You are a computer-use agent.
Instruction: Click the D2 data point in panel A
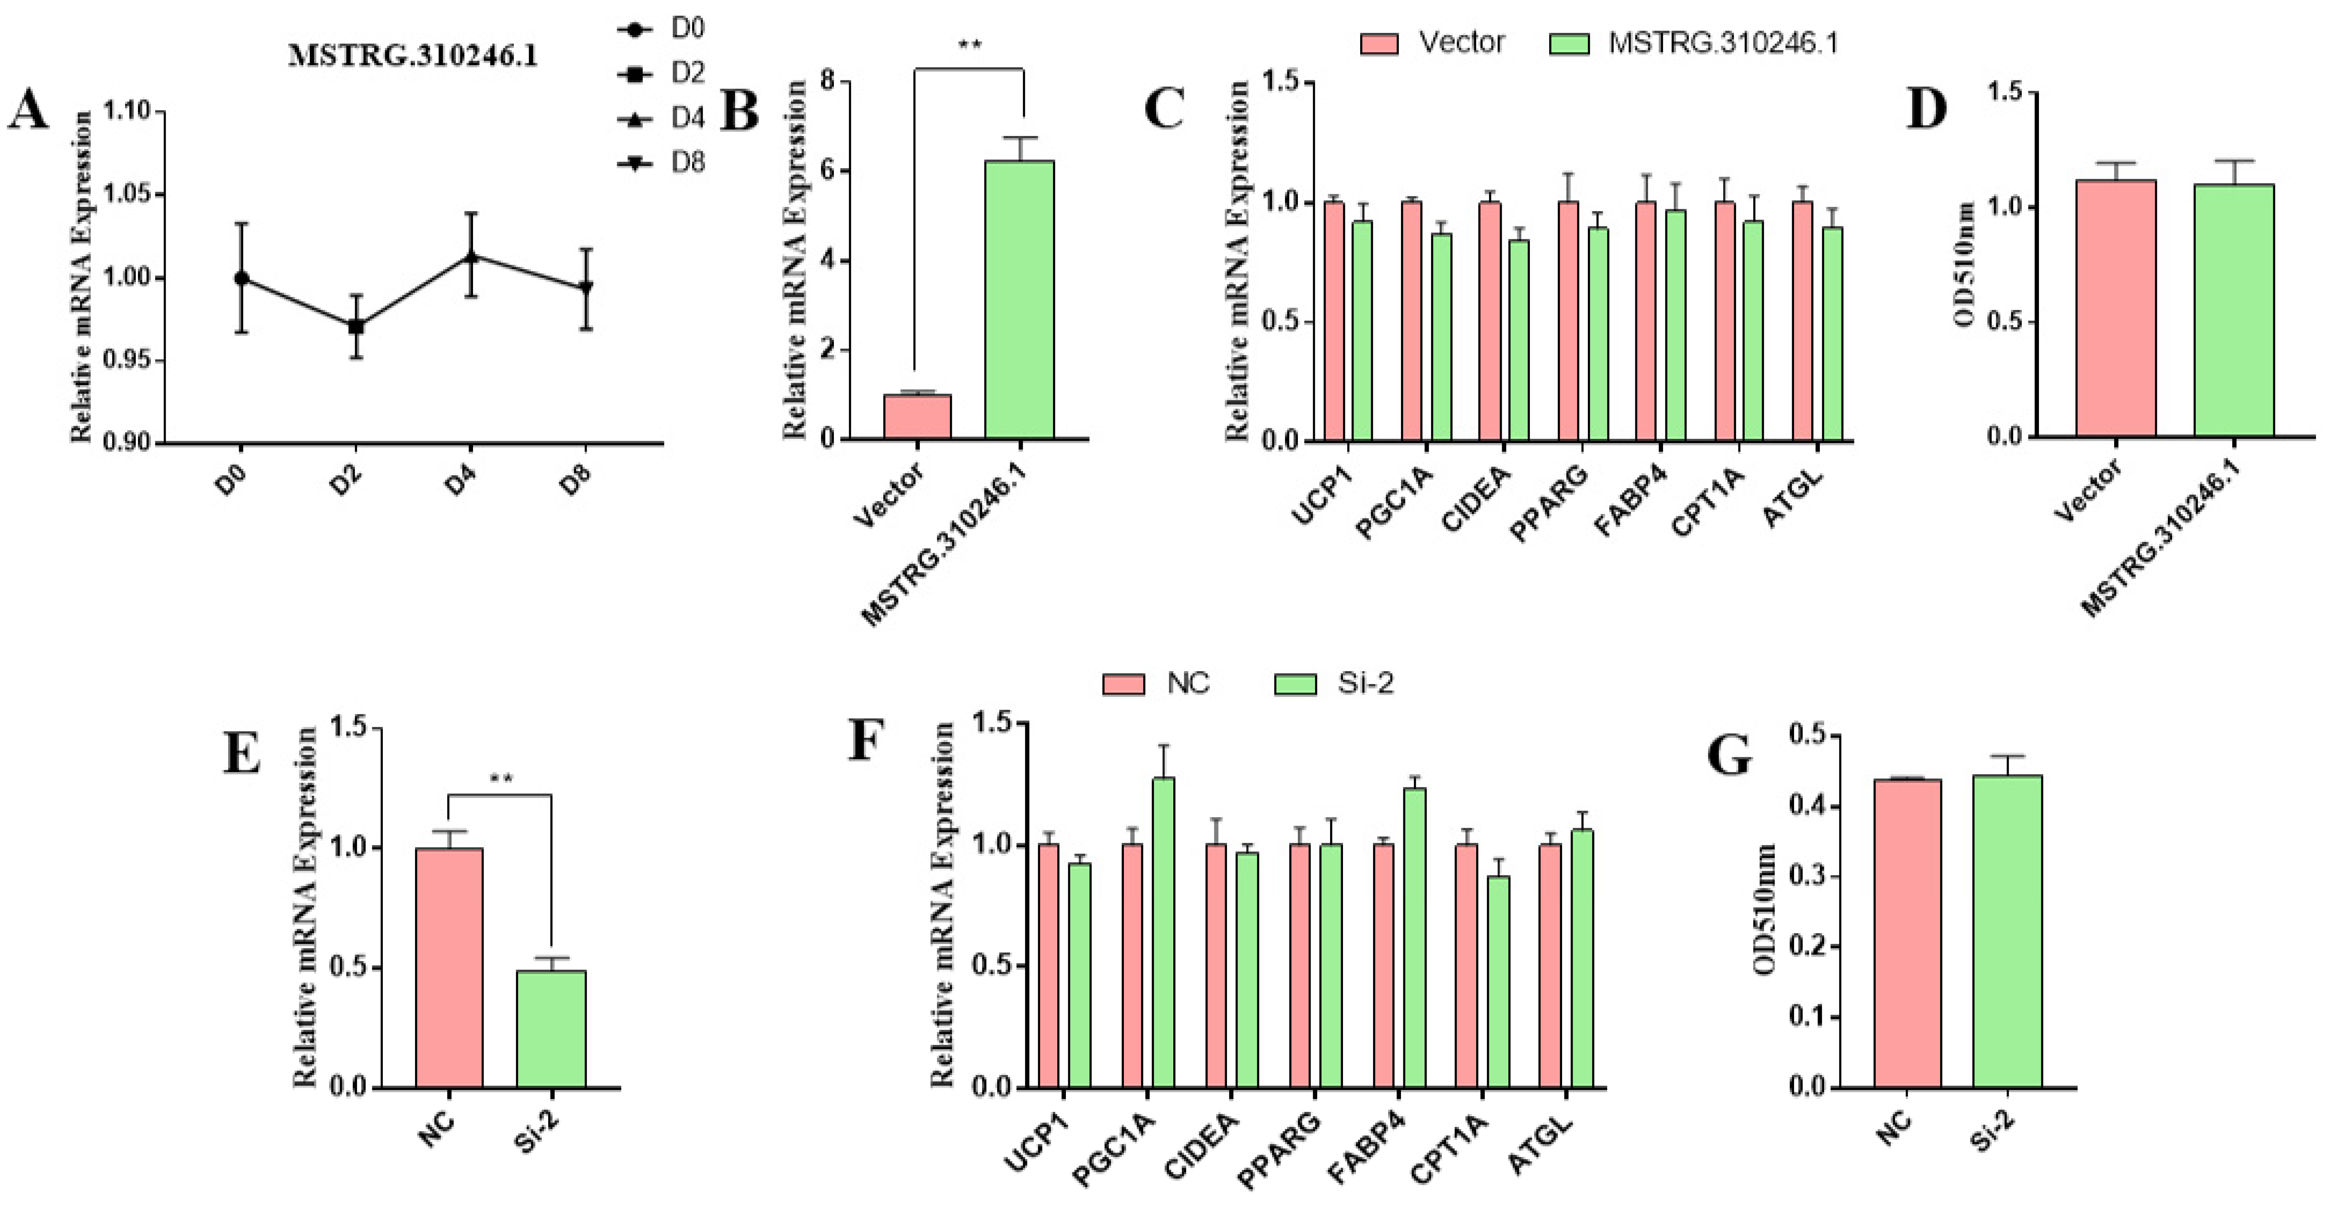click(x=356, y=326)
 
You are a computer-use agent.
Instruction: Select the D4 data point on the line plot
click(x=471, y=257)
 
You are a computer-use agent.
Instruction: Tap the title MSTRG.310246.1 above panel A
click(x=412, y=56)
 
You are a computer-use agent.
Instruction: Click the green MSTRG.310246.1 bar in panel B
click(x=1020, y=300)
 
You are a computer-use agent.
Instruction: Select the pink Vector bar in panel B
click(x=917, y=417)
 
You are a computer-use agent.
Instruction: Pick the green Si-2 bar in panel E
click(x=551, y=1028)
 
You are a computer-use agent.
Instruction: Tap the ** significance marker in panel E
click(x=501, y=779)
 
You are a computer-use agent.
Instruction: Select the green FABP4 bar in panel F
click(x=1414, y=937)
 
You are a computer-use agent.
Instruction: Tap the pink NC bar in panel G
click(x=1907, y=932)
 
